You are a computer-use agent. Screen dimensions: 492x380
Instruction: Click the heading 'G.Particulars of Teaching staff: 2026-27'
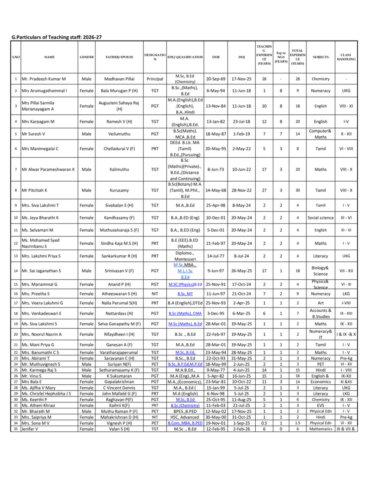(56, 37)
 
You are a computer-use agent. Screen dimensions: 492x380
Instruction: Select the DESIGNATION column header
(155, 57)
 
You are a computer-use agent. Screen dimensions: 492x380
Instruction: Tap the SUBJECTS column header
(321, 57)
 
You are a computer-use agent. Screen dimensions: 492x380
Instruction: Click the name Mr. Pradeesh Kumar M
(44, 79)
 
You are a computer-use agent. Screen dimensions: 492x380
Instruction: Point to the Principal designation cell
(155, 79)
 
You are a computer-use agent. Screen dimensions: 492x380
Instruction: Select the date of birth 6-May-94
(216, 91)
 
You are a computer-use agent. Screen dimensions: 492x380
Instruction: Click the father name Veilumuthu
(119, 134)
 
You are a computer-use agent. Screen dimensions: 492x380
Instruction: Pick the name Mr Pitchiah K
(35, 190)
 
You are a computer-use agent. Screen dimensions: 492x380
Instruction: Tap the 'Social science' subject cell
(321, 218)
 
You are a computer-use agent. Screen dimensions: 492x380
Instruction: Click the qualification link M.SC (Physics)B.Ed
(185, 284)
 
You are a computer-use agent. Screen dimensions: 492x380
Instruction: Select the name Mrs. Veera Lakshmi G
(42, 303)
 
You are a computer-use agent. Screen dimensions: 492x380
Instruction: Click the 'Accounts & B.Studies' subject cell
(321, 313)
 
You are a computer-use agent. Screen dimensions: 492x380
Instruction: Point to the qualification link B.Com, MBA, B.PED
(185, 423)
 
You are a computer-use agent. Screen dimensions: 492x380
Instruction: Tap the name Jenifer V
(30, 429)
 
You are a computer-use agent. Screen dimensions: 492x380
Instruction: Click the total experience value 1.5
(298, 423)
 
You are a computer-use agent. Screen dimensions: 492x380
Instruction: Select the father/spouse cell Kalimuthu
(119, 169)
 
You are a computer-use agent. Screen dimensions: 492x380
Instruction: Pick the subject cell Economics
(321, 382)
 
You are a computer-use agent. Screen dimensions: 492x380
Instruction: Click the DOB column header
(216, 57)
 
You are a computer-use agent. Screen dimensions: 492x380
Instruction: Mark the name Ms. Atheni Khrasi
(38, 405)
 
